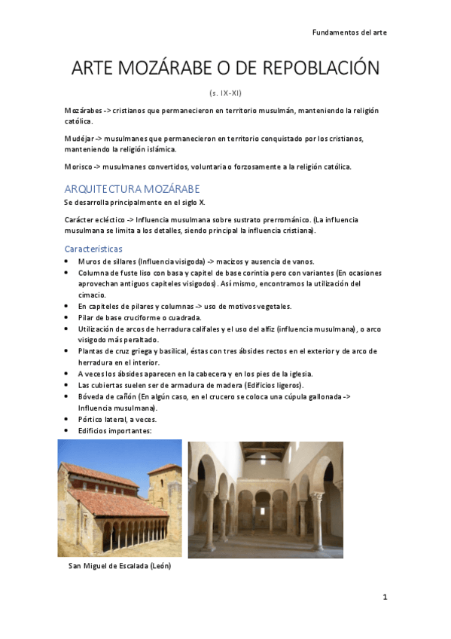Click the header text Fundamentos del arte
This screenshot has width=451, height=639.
pos(349,33)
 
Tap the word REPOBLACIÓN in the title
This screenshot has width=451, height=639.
pos(325,69)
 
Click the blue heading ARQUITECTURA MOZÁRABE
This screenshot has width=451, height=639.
pos(132,188)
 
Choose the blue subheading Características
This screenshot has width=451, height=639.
pos(93,249)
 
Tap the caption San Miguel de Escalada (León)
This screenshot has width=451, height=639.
pos(119,566)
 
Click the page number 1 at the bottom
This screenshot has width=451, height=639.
pos(385,597)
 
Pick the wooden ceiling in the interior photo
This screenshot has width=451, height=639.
pos(266,451)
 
